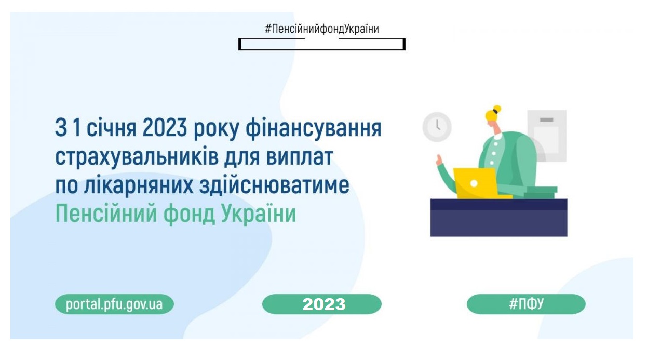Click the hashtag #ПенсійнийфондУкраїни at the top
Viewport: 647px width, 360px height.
(x=322, y=29)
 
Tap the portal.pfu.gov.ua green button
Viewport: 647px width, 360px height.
(x=114, y=304)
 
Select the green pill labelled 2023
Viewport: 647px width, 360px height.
(x=322, y=304)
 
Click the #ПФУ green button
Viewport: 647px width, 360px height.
(x=526, y=304)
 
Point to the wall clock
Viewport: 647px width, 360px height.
(x=437, y=127)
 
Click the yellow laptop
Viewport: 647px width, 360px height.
(x=477, y=183)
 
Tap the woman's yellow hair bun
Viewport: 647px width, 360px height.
(x=497, y=109)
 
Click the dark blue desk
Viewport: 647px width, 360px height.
(x=499, y=218)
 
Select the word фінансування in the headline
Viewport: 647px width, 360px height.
(x=314, y=129)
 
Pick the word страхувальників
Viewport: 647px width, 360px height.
(x=137, y=157)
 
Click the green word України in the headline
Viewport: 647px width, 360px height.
(x=259, y=214)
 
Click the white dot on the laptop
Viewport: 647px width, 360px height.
(x=474, y=183)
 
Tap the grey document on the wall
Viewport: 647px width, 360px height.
(x=547, y=136)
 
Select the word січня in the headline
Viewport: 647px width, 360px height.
(x=111, y=129)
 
